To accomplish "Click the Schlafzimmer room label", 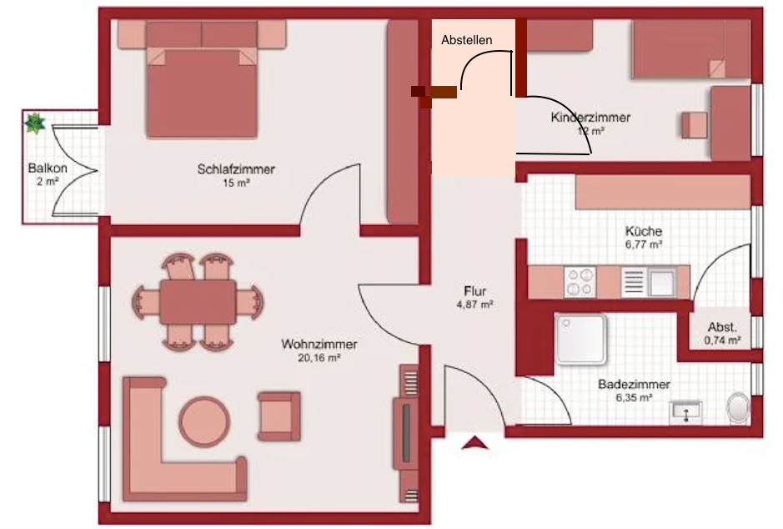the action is coord(236,169).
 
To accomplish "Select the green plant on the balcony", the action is coord(35,123).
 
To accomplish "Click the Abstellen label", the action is coord(466,40).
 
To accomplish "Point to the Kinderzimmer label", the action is coord(590,118).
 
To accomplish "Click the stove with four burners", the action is coord(580,282).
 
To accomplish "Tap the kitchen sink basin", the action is coord(661,283).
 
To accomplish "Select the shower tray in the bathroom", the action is coord(580,340).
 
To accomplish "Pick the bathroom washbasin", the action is coord(685,413).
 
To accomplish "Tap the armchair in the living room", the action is coord(279,416).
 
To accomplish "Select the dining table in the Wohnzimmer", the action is coord(198,302).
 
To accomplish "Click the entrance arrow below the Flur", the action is coord(475,442).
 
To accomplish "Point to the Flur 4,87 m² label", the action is coord(475,298).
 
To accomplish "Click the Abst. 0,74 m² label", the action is coord(722,334).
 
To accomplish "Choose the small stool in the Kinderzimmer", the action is coord(695,125).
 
